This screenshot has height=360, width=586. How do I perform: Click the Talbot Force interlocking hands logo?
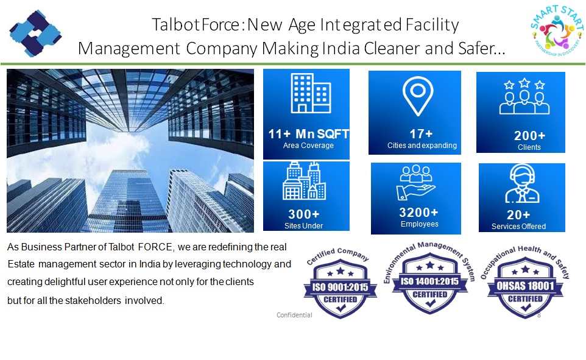[x=35, y=34]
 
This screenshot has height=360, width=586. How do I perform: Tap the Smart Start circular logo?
[x=557, y=31]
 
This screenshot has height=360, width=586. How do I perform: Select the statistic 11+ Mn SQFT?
[x=309, y=134]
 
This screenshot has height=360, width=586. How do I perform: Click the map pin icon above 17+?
[x=418, y=96]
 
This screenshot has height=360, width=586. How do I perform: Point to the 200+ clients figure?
[x=529, y=135]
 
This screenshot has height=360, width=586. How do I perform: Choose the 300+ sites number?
[x=304, y=214]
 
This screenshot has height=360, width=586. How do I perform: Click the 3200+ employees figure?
[x=418, y=213]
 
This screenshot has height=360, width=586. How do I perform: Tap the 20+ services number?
[x=518, y=214]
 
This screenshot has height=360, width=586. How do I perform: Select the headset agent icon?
[x=522, y=183]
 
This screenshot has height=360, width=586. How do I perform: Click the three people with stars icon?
[x=524, y=96]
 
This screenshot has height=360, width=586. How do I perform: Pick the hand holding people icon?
[x=415, y=182]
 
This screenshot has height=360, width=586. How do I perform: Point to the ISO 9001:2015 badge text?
[x=340, y=287]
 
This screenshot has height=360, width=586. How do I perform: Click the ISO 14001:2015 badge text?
[x=430, y=281]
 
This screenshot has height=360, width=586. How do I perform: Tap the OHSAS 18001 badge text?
[x=525, y=286]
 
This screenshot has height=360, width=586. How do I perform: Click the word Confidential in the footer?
[x=294, y=315]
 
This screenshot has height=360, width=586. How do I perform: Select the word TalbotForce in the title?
[x=196, y=25]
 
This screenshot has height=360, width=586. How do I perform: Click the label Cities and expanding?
[x=422, y=146]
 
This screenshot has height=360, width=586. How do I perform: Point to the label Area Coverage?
[x=308, y=146]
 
